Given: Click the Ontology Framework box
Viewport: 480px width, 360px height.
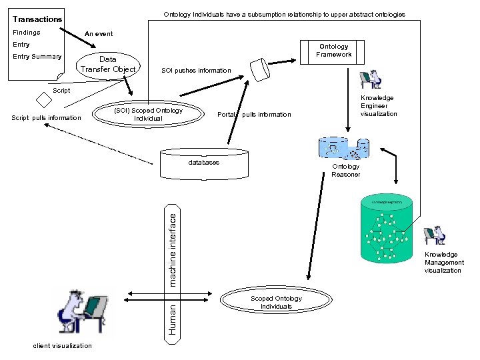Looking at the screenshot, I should point(334,51).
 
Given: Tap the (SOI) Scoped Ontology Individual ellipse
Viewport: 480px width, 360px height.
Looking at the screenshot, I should point(147,115).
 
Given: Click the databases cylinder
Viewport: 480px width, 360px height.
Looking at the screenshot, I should point(203,164).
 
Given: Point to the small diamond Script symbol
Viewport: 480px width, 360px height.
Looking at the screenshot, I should point(43,99).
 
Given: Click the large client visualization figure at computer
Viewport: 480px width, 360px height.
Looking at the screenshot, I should point(83,311).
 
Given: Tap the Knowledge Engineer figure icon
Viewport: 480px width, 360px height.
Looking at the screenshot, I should point(371,79).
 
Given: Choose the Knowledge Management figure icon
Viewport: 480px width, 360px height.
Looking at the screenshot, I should point(436,235).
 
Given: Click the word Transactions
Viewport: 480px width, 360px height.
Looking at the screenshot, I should point(37,19).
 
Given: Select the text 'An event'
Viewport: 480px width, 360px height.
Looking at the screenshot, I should point(99,33).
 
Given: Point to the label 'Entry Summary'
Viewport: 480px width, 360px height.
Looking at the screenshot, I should point(37,57).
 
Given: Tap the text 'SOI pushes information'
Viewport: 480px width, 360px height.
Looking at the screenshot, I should point(196,71).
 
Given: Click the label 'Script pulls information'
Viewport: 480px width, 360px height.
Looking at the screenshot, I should point(46,119).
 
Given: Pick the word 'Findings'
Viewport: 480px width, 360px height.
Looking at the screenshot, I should point(27,32).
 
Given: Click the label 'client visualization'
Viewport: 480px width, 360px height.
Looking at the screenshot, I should point(63,345).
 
